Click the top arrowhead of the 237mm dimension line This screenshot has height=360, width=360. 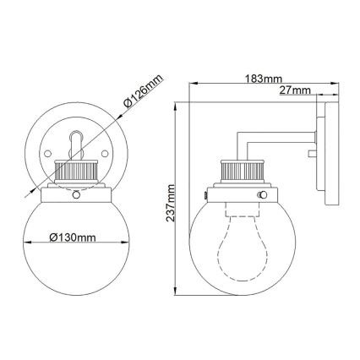click(176, 106)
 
